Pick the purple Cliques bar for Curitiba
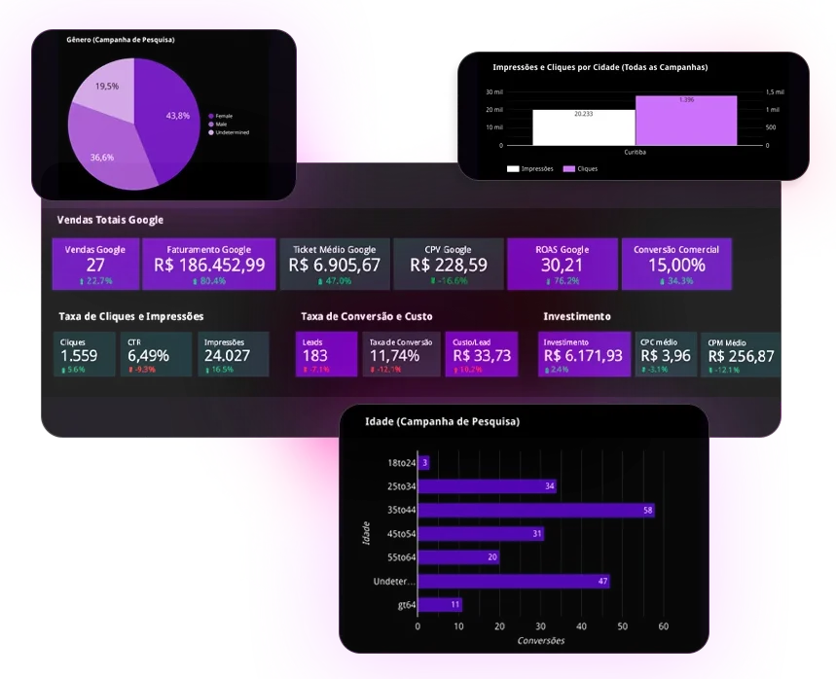pos(686,121)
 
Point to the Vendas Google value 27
pos(95,266)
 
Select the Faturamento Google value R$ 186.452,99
pos(209,266)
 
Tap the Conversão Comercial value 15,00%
pos(675,266)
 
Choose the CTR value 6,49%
pos(148,356)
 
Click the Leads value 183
pos(315,356)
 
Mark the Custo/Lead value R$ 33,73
pos(482,356)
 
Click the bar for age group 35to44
pos(536,510)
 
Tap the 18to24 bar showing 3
pos(424,462)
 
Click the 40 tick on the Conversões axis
pos(582,627)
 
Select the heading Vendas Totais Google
pos(111,220)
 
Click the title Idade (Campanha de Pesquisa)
pos(442,421)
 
